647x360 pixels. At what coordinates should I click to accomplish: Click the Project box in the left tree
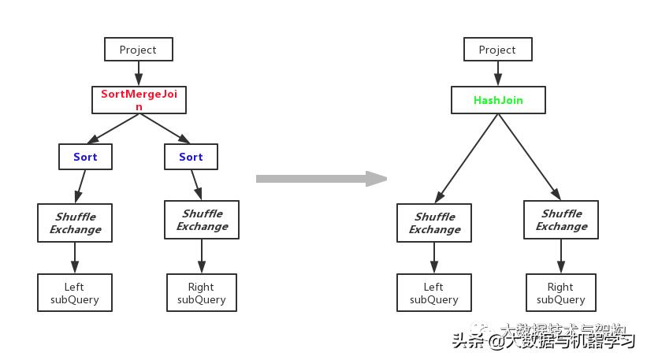[138, 50]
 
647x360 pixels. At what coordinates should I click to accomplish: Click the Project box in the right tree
[497, 50]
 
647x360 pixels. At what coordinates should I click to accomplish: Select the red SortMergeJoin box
[139, 100]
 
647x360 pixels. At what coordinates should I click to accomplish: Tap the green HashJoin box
[498, 100]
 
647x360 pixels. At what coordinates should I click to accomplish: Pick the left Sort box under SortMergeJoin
[85, 157]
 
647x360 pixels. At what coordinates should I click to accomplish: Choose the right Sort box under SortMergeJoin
[191, 157]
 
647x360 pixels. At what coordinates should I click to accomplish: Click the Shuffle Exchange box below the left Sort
[75, 223]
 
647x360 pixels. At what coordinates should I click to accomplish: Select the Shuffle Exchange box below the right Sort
[202, 220]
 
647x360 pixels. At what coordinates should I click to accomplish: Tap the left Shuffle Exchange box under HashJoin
[434, 223]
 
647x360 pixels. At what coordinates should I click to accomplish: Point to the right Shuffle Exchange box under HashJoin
[561, 220]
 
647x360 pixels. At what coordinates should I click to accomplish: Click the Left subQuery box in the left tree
[75, 293]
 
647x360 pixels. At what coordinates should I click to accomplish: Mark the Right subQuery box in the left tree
[202, 293]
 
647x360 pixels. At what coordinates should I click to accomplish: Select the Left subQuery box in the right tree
[434, 293]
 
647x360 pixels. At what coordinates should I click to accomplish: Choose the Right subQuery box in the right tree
[561, 293]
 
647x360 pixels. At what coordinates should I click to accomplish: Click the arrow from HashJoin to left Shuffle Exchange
[467, 158]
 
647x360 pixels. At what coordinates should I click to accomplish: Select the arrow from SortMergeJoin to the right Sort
[165, 128]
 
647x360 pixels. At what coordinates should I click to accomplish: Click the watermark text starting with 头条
[543, 340]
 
